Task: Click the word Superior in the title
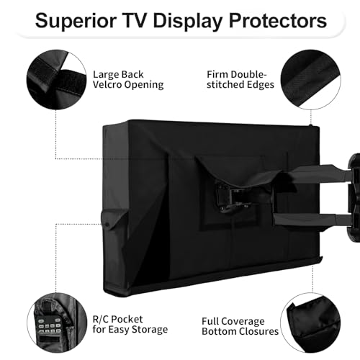[x=76, y=21]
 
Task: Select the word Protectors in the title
[x=278, y=21]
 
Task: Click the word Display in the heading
[x=188, y=22]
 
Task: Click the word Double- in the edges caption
[x=248, y=74]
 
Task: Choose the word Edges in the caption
[x=261, y=85]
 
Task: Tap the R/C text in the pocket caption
[x=100, y=319]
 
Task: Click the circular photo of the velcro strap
[x=56, y=80]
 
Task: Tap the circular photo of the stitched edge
[x=311, y=80]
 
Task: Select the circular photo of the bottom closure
[x=311, y=323]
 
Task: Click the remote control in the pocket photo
[x=49, y=329]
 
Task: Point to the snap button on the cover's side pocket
[x=107, y=225]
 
